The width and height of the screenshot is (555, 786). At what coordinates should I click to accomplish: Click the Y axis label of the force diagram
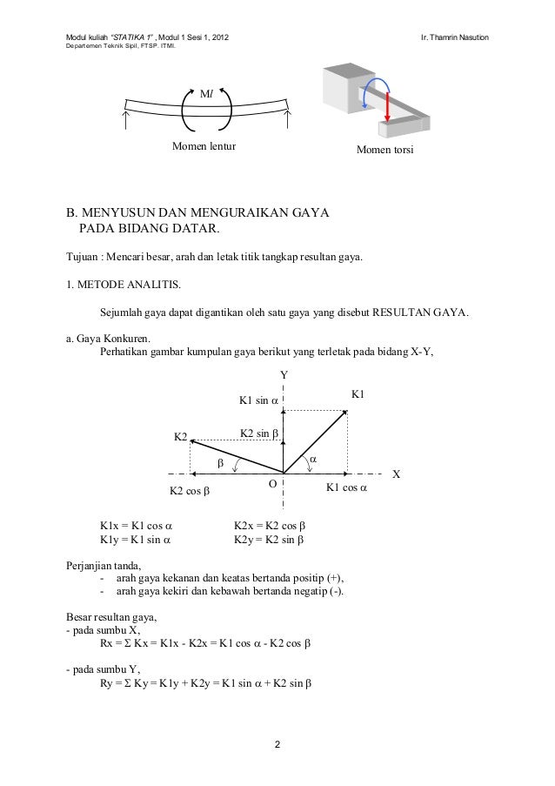283,374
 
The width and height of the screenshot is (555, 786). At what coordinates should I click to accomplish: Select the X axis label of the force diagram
397,474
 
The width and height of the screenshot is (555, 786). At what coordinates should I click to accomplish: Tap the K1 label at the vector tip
358,394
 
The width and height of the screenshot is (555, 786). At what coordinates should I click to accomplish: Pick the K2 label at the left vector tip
181,435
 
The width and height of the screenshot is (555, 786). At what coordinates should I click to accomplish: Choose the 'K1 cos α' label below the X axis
346,488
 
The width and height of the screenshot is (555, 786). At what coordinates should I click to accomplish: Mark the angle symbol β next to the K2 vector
220,463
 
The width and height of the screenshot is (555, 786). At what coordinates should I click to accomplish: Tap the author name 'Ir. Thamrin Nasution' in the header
456,38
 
